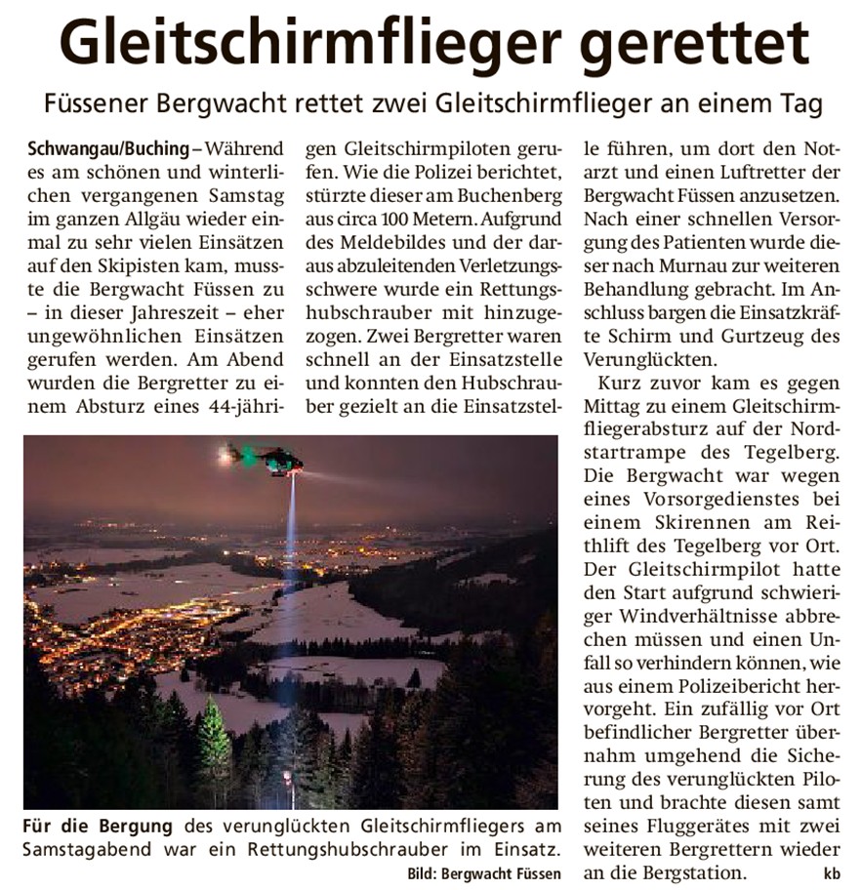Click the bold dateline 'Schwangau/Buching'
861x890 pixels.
108,149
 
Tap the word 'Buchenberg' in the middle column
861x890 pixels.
514,195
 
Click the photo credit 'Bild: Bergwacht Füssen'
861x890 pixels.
483,871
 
